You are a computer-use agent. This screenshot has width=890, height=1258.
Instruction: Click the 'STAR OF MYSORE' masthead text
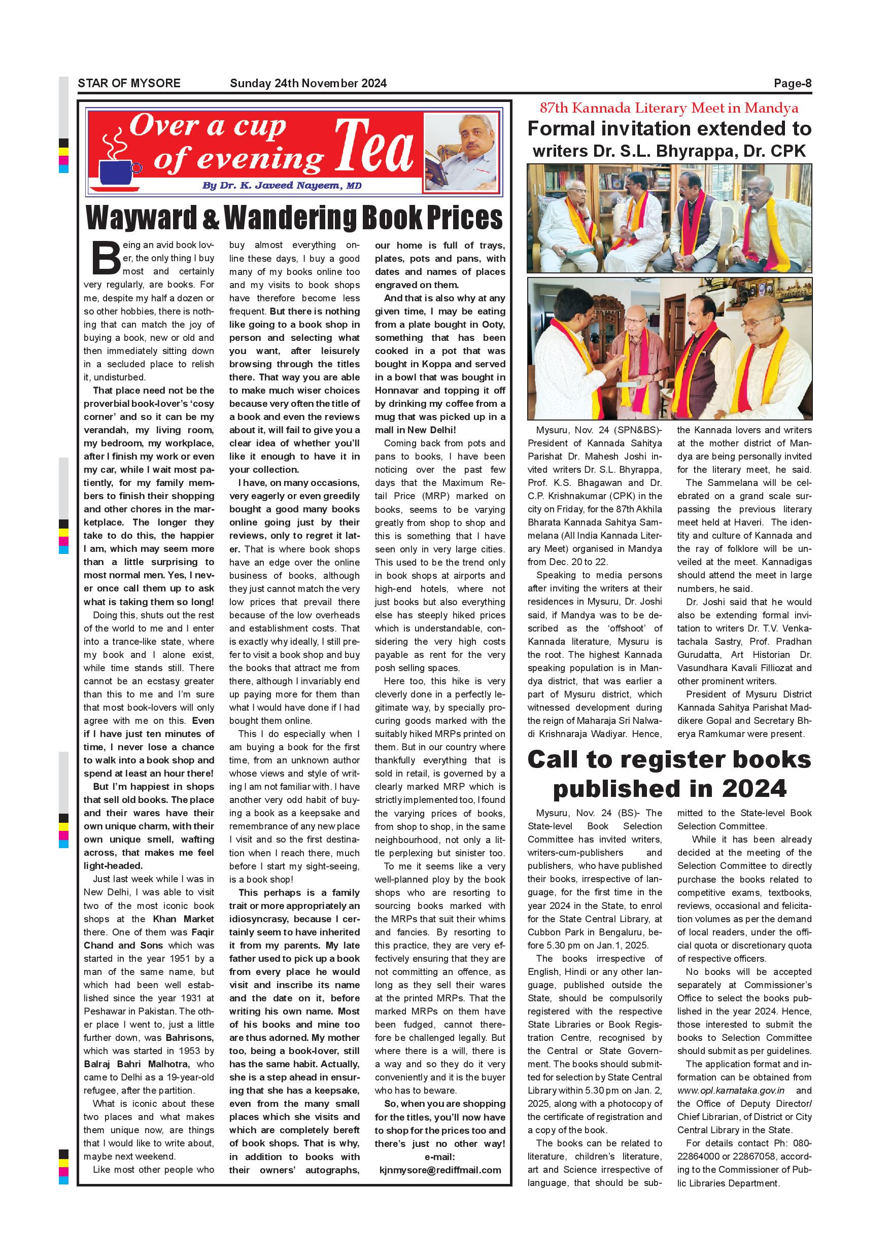pyautogui.click(x=129, y=83)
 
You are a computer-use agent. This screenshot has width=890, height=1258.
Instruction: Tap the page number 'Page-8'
pyautogui.click(x=792, y=83)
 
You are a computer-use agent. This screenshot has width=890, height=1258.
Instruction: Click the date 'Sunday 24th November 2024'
pyautogui.click(x=308, y=83)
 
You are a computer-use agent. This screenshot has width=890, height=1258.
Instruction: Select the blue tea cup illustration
pyautogui.click(x=117, y=171)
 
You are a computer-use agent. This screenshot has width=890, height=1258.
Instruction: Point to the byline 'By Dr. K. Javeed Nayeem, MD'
pyautogui.click(x=282, y=186)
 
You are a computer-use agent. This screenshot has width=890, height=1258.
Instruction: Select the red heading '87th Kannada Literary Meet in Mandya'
pyautogui.click(x=669, y=108)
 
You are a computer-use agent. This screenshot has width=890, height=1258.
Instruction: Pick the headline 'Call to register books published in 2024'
pyautogui.click(x=669, y=774)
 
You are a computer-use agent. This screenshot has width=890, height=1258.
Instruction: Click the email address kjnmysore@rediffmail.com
pyautogui.click(x=440, y=1170)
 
